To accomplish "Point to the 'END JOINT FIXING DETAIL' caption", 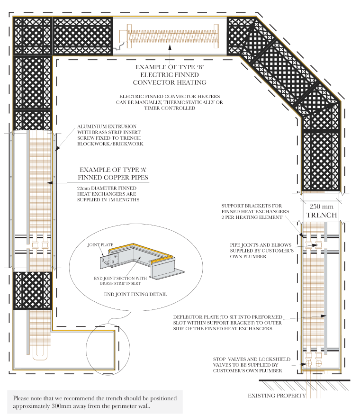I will tap(135, 294).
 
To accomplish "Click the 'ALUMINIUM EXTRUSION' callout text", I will tap(109, 135).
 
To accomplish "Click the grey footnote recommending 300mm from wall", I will tap(95, 402).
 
